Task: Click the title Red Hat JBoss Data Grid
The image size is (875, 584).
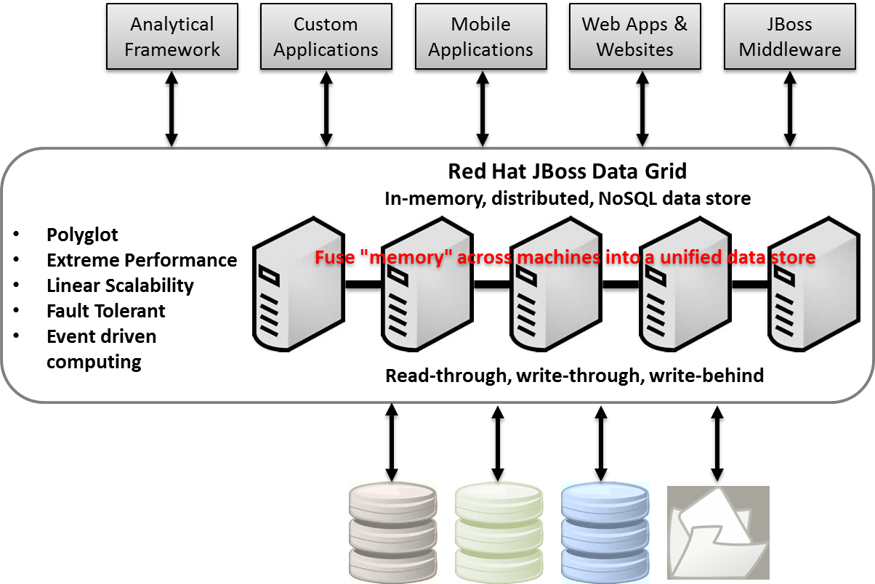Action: point(567,171)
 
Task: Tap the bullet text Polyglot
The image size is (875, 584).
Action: point(82,235)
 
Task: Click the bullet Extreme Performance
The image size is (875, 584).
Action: point(142,260)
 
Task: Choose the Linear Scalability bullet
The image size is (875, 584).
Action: point(120,285)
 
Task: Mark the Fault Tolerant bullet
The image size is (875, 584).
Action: point(105,311)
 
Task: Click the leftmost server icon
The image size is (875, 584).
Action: point(298,285)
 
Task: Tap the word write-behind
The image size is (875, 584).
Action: point(706,376)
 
